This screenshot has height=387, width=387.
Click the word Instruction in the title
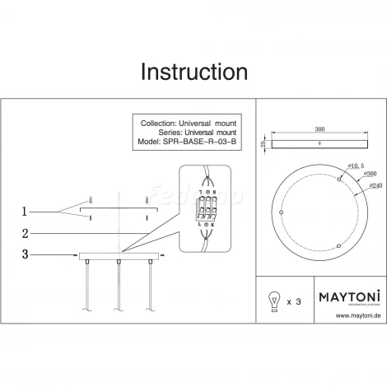pyautogui.click(x=193, y=72)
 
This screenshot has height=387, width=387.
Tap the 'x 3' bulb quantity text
pyautogui.click(x=295, y=302)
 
